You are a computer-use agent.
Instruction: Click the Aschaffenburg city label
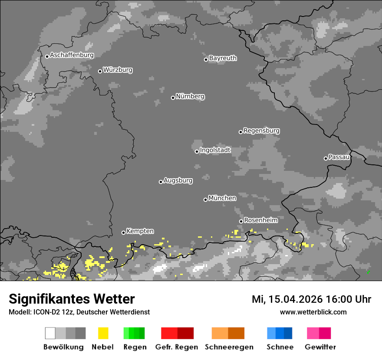coord(72,55)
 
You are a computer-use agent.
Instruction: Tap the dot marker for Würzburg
coord(100,71)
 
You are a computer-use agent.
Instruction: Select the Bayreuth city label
coord(223,58)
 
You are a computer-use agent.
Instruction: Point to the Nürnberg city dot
coord(173,98)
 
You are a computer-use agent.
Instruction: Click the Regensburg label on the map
coord(261,131)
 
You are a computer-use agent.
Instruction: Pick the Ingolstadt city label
coord(215,150)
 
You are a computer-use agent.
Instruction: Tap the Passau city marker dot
coord(326,158)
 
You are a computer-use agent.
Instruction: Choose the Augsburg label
coord(178,180)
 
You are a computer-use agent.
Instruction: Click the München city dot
coord(205,200)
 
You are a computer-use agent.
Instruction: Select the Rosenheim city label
coord(260,220)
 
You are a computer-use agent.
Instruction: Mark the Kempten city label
coord(140,231)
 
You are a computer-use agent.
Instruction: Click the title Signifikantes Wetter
coord(72,299)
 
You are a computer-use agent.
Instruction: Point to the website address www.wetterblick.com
coord(313,312)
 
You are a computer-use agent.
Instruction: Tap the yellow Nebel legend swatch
coord(103,333)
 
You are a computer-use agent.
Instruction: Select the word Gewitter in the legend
coord(320,347)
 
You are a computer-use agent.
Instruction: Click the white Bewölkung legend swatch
coord(50,333)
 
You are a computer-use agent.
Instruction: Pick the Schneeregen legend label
coord(229,347)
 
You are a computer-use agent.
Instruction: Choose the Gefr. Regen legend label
coord(177,347)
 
